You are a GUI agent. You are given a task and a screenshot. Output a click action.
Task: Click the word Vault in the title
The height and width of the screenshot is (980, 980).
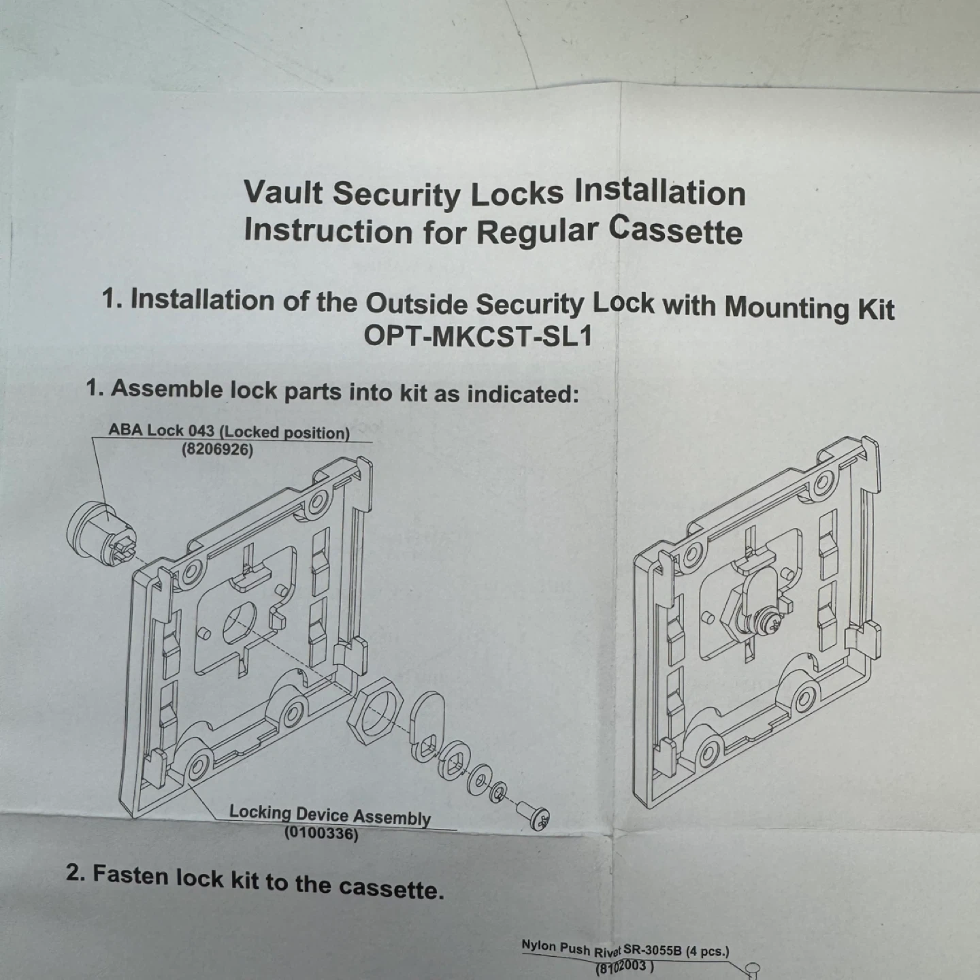(x=284, y=192)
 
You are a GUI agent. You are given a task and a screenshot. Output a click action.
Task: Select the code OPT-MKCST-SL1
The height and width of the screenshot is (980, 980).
(x=478, y=336)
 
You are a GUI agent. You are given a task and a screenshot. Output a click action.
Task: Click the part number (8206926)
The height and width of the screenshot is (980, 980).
(x=218, y=450)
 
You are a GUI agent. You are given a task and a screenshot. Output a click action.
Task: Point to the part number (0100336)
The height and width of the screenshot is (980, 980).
(x=321, y=834)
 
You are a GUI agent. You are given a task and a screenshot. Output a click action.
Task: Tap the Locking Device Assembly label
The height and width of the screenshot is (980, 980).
(x=329, y=815)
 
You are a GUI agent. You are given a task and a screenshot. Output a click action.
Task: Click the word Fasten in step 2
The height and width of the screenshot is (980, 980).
(x=131, y=876)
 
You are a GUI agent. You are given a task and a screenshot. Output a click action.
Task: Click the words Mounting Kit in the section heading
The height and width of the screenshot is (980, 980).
(x=809, y=308)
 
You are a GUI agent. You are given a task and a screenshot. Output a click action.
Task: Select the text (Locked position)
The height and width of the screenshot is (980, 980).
(x=284, y=433)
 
